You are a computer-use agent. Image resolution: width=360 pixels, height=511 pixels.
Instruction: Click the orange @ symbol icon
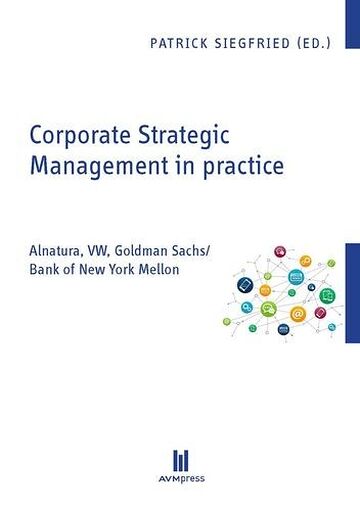pyautogui.click(x=297, y=314)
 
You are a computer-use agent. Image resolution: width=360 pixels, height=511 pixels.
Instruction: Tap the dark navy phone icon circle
pyautogui.click(x=245, y=285)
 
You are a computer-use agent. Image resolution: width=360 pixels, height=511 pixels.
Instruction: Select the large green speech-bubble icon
pyautogui.click(x=268, y=309)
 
